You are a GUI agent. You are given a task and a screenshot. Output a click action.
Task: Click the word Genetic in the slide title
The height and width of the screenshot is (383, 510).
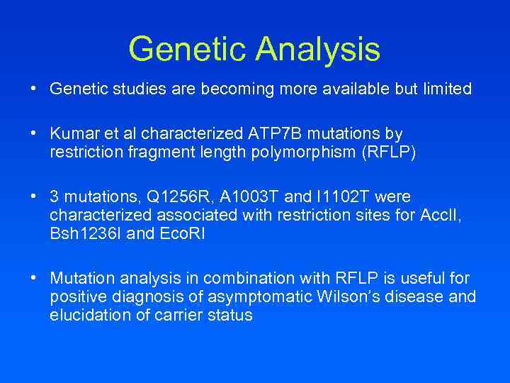pos(188,50)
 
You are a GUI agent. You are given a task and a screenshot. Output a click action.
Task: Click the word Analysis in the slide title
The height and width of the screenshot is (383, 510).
pos(318,50)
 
